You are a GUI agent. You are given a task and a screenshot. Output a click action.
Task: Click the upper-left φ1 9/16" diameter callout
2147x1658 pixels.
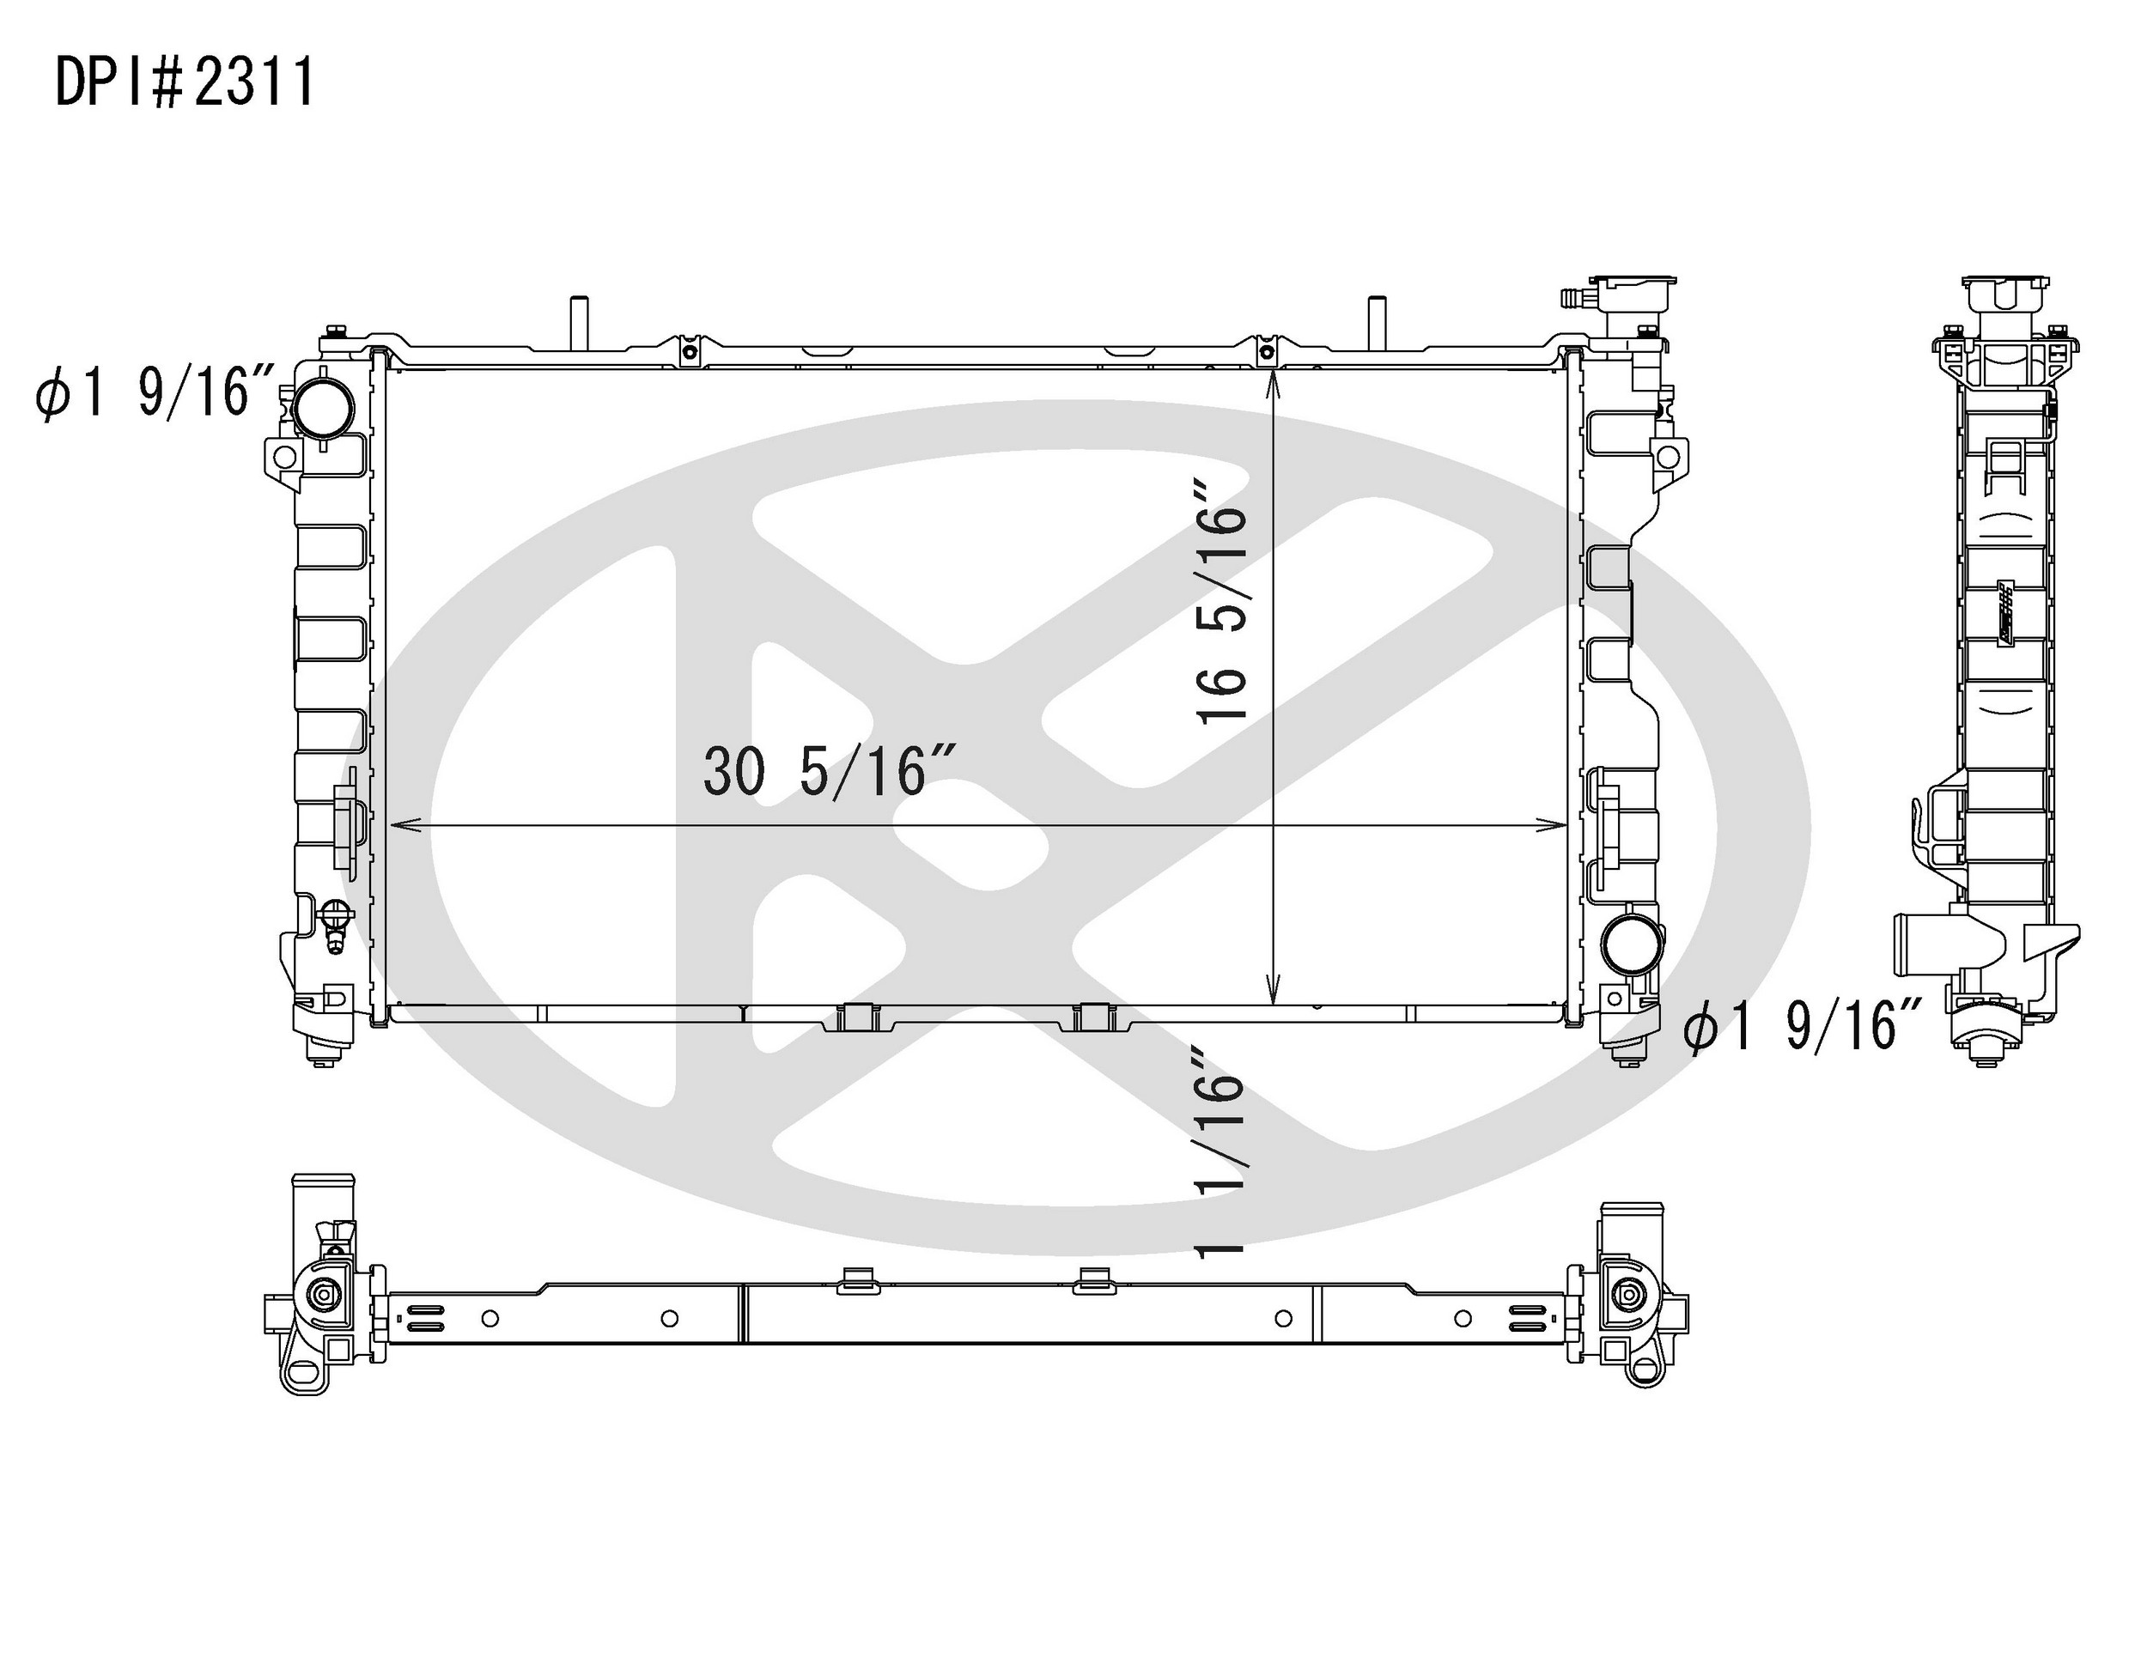155,393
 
